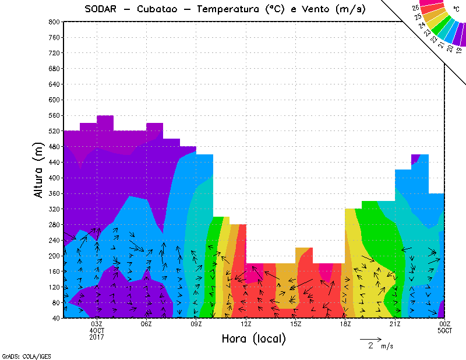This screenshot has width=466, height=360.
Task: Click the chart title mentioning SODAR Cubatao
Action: tap(225, 9)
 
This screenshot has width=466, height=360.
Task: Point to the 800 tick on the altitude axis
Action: tap(54, 22)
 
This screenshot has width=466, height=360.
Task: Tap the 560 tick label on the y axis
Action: tap(54, 115)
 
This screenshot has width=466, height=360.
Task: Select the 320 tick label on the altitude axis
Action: tap(54, 209)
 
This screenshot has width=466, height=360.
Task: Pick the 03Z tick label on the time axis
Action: tap(97, 324)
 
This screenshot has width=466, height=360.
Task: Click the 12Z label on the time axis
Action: tap(246, 324)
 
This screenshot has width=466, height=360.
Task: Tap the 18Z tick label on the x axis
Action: tap(345, 324)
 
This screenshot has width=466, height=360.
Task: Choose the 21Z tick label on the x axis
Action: tap(395, 324)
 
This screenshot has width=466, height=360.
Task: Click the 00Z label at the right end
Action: tap(444, 324)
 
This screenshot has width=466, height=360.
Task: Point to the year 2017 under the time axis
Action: tap(97, 337)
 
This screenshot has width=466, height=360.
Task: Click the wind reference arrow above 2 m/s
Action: tap(370, 338)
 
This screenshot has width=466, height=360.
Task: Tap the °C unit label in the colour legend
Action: tap(456, 9)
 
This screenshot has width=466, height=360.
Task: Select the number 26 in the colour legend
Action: tap(415, 8)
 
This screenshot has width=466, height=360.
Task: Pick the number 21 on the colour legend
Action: tap(441, 44)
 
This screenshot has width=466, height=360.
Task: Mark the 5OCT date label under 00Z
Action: tap(444, 330)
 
